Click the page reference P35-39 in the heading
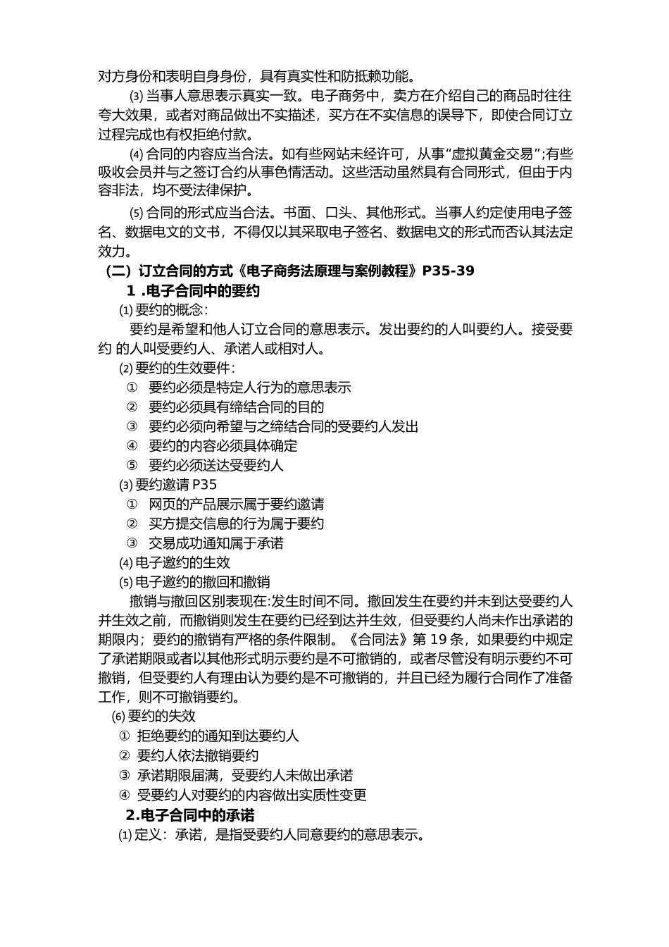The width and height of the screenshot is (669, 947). click(x=449, y=271)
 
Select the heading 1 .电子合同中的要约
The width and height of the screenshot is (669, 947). click(x=193, y=290)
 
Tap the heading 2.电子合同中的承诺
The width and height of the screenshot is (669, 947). click(x=189, y=815)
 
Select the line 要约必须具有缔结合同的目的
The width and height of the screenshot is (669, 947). click(x=236, y=407)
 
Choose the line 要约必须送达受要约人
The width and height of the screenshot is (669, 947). click(x=216, y=466)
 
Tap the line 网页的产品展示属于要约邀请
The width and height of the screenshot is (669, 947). click(x=236, y=505)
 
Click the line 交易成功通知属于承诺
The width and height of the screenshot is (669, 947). click(x=216, y=543)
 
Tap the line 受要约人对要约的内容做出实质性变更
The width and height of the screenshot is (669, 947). click(x=251, y=796)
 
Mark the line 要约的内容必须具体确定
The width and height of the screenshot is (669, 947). click(x=223, y=446)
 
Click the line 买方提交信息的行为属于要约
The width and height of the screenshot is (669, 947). click(x=236, y=524)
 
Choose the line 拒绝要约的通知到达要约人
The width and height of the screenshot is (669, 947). click(x=218, y=736)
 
